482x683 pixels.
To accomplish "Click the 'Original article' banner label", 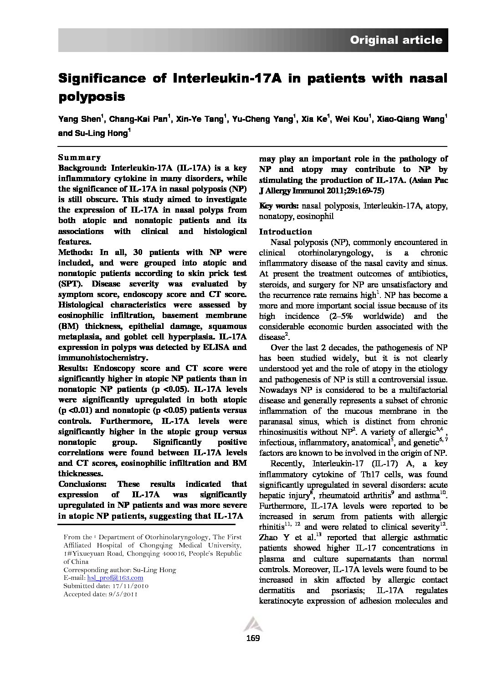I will tap(396, 40).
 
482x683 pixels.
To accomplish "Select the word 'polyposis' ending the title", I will tap(91, 96).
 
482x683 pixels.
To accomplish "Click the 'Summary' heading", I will tap(80, 157).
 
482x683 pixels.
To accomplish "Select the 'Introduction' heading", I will tap(286, 231).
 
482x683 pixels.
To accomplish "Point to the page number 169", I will tap(252, 638).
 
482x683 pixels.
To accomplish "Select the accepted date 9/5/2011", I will tap(121, 594).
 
